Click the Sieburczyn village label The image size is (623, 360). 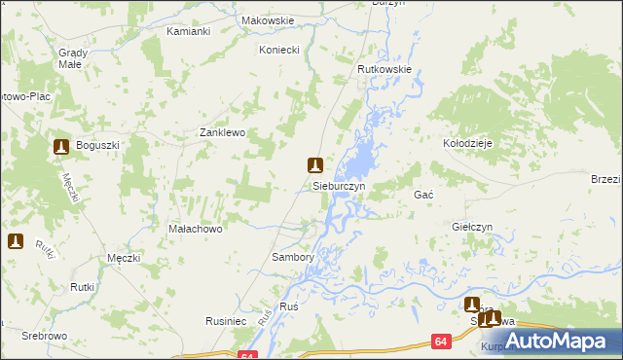point(339,185)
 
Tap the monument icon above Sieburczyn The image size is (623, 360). point(314,165)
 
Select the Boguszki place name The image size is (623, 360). point(96,146)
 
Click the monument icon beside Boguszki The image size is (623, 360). point(60,146)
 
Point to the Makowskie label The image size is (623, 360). point(267,19)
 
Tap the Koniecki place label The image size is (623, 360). point(279,49)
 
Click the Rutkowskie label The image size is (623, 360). point(385,70)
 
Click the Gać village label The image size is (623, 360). point(423,196)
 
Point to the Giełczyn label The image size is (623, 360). point(473,227)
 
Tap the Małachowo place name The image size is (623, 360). point(197,230)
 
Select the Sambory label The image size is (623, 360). point(292,258)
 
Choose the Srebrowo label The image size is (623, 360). point(47,320)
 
